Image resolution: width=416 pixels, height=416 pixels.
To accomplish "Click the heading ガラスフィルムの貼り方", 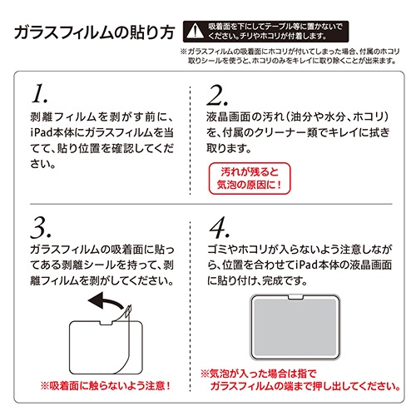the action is click(95, 32).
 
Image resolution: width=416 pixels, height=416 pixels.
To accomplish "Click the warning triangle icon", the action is click(196, 32).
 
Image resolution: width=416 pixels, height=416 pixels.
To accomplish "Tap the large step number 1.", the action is click(39, 94).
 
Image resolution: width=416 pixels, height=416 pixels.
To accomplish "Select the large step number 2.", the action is click(218, 96).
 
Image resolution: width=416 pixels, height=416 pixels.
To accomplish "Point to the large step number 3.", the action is click(41, 228).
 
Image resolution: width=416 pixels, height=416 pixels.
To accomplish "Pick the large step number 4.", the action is click(220, 228).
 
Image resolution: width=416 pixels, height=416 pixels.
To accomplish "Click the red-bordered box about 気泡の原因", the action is click(250, 178).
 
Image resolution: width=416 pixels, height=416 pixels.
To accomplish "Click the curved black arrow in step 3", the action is click(106, 301).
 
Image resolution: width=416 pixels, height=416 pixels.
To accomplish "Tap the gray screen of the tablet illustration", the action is click(295, 328).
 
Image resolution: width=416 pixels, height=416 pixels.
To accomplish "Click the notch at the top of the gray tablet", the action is click(295, 297).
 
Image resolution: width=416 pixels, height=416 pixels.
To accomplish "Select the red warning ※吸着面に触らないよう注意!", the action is click(105, 385).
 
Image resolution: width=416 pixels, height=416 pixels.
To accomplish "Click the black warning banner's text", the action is click(275, 31).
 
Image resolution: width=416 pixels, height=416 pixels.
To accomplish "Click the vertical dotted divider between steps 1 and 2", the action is click(191, 141).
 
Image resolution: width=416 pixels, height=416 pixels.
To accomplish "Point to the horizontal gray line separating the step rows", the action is click(211, 204).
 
